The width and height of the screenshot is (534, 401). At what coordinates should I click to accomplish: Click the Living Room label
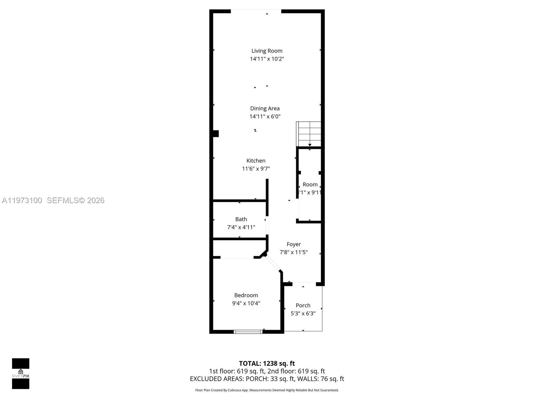267,51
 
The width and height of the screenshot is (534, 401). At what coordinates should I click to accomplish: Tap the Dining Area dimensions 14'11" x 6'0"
265,117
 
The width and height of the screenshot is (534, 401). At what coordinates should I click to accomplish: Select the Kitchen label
256,161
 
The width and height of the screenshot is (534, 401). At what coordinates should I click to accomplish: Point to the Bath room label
241,219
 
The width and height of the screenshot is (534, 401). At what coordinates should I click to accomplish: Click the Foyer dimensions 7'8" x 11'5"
293,252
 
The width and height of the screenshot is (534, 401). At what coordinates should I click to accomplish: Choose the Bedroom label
246,295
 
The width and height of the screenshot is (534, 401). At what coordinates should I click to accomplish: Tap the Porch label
303,305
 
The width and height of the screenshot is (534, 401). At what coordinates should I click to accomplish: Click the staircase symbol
309,134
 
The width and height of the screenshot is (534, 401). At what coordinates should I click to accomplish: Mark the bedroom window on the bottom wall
248,331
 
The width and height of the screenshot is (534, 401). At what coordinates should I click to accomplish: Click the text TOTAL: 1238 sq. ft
267,364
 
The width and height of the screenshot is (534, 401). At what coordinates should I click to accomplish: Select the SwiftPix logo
21,374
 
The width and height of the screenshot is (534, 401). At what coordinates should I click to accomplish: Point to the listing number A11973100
22,200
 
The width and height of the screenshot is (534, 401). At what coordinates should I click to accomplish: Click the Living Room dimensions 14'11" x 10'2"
267,59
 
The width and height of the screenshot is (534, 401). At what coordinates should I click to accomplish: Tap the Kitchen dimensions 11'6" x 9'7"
256,169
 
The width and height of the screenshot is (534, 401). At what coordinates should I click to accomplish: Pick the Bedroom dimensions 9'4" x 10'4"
246,303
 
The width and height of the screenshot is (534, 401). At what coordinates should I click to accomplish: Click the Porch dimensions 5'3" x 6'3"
303,313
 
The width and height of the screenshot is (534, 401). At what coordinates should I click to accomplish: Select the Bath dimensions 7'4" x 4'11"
241,227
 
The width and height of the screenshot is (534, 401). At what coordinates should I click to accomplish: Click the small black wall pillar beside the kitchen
216,134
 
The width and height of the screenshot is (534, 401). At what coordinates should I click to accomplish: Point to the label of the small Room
310,184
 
